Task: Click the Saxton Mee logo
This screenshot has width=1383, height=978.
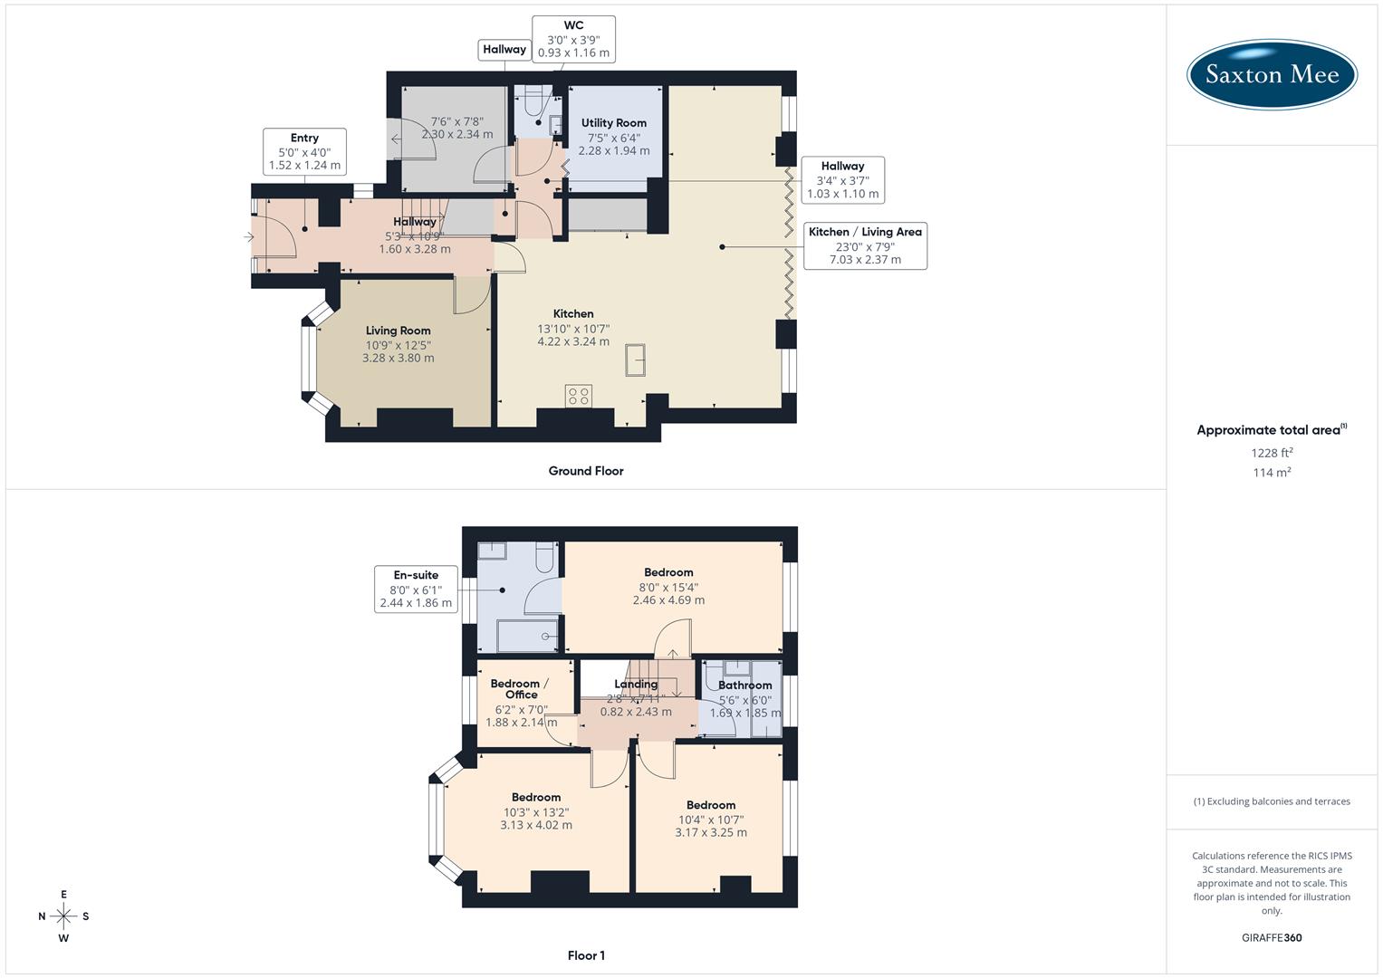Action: click(1272, 75)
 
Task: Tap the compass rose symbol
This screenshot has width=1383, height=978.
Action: click(63, 916)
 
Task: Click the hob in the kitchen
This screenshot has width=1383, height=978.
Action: click(578, 396)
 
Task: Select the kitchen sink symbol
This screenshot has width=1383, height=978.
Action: click(636, 360)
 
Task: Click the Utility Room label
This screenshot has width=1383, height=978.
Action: click(613, 123)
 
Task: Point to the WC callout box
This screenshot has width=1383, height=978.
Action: click(573, 39)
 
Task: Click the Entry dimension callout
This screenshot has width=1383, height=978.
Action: click(304, 152)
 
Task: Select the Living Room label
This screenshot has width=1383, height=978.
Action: click(398, 331)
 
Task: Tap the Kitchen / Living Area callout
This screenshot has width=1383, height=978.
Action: click(865, 245)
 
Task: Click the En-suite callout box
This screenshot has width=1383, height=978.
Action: click(416, 589)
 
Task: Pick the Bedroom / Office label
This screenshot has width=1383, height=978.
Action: click(515, 689)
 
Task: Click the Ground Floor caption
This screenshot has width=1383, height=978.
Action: click(586, 471)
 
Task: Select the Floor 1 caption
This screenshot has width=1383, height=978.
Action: click(586, 955)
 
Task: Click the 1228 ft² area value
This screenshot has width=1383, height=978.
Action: click(1272, 453)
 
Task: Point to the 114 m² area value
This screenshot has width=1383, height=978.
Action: click(1272, 473)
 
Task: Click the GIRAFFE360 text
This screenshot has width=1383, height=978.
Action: click(1272, 937)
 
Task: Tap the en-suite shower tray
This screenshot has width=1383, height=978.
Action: click(528, 636)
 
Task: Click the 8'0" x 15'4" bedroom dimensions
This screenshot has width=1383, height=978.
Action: click(668, 587)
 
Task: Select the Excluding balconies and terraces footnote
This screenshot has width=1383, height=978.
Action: click(1272, 801)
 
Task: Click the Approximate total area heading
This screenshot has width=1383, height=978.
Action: click(1270, 430)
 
